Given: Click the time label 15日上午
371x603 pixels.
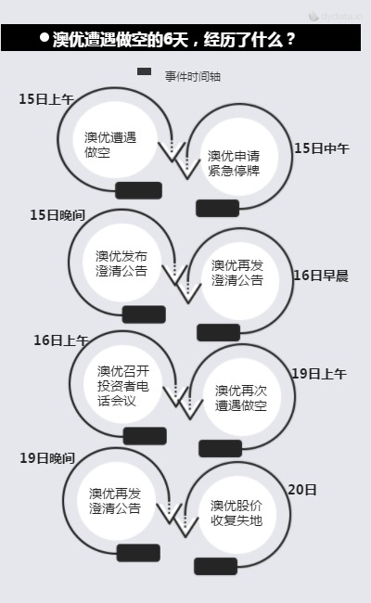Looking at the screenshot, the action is [46, 99].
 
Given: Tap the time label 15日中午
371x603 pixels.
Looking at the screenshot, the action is [322, 148].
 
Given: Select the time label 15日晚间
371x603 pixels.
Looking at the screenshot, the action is [58, 215].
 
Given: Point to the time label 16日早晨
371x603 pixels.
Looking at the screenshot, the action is [321, 276].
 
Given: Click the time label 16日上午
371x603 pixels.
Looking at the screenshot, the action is [61, 340].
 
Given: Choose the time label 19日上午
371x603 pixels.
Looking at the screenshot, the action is [319, 374].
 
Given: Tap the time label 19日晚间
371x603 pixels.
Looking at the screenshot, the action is [47, 457].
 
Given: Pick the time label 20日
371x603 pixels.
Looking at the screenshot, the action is [302, 490].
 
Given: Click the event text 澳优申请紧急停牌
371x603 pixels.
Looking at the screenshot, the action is [234, 163].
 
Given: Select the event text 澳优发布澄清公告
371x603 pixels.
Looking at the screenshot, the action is [122, 263].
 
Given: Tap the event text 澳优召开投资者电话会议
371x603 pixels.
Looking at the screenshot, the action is [123, 386].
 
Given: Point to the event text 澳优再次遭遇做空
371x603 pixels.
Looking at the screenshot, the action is [241, 398].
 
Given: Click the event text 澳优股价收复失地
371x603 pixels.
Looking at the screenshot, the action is [237, 513].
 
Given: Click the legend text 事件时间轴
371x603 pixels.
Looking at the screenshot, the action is [193, 76].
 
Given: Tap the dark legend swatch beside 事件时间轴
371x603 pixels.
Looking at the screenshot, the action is [144, 71].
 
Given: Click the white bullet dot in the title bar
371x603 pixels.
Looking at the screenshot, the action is [45, 37].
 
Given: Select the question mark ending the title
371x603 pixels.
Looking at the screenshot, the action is [290, 39].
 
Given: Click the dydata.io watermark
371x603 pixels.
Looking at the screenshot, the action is [335, 16].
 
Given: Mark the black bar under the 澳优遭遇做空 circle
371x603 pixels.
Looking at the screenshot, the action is [139, 190].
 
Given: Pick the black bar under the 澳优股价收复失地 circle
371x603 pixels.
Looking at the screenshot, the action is [216, 567].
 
